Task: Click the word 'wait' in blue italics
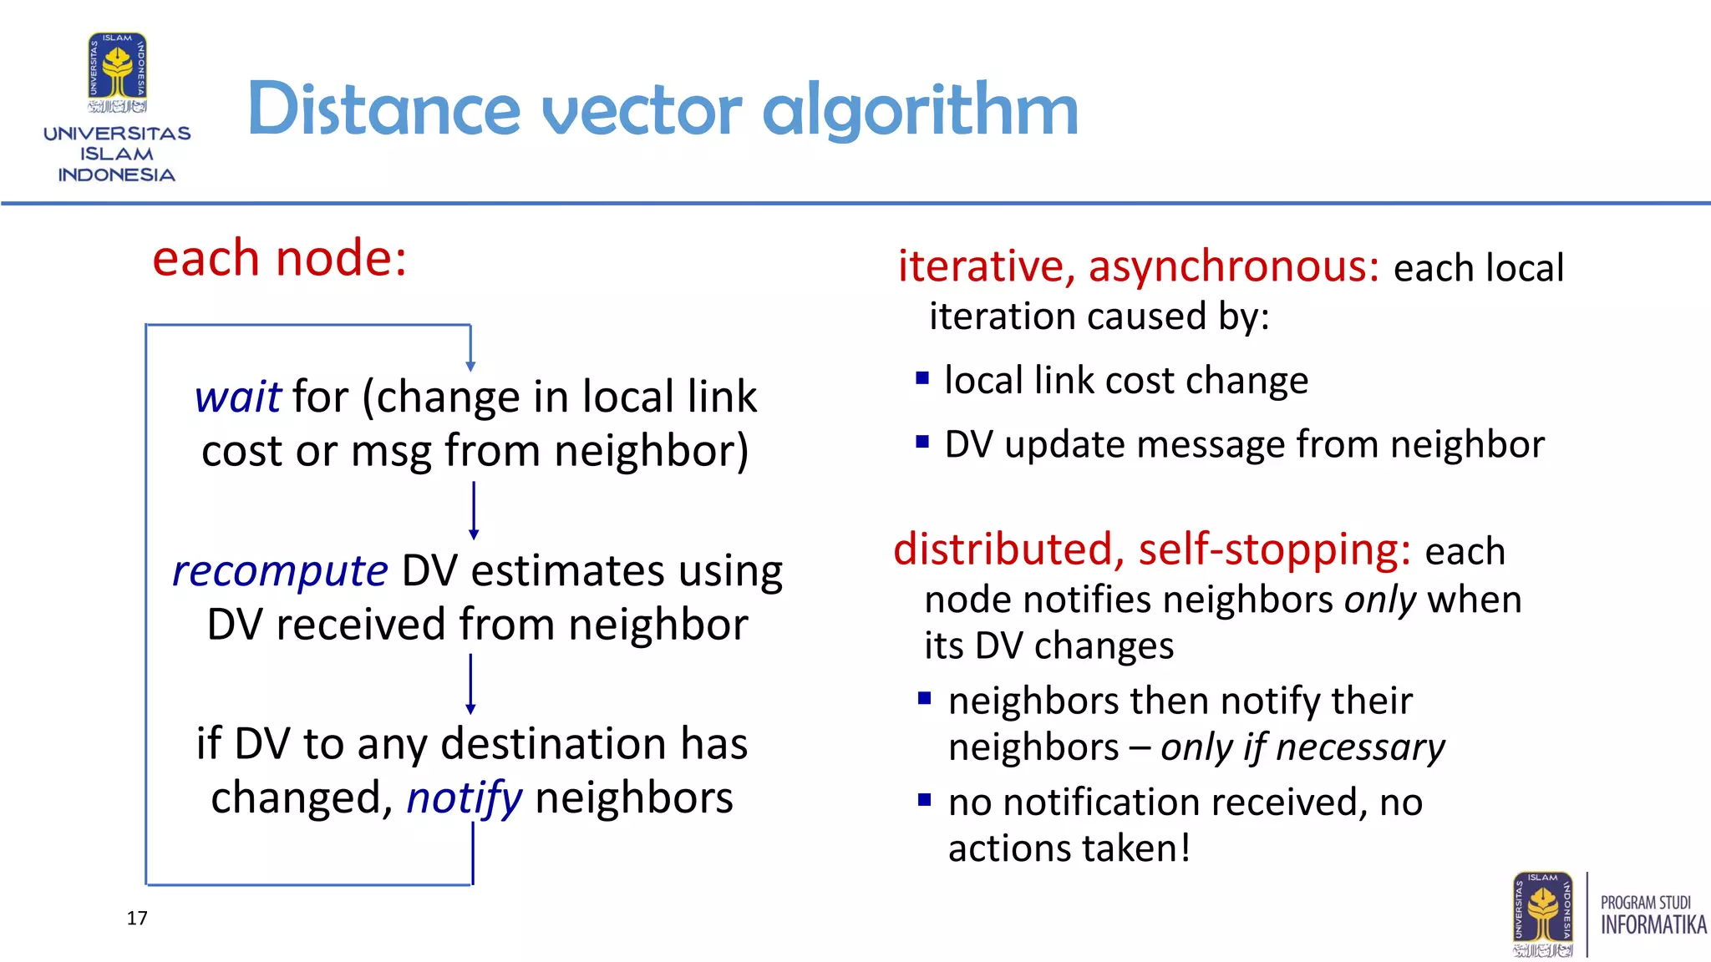click(x=237, y=397)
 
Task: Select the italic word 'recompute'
click(x=280, y=572)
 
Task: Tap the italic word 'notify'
click(x=464, y=798)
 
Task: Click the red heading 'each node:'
click(x=279, y=258)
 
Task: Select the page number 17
click(x=137, y=919)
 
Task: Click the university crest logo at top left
click(x=118, y=72)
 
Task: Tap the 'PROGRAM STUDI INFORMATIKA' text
click(x=1653, y=915)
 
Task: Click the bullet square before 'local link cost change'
click(x=922, y=378)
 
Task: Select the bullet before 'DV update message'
click(x=922, y=443)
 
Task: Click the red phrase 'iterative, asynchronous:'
click(x=1138, y=267)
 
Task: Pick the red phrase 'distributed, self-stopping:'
click(x=1151, y=550)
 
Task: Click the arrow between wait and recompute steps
click(x=474, y=510)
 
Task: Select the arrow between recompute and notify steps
click(x=470, y=683)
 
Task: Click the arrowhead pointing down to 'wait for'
click(x=470, y=366)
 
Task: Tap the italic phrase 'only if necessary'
click(x=1302, y=747)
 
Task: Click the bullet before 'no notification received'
click(x=924, y=800)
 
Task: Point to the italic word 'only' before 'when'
click(x=1379, y=600)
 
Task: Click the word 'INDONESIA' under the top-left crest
click(x=116, y=175)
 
